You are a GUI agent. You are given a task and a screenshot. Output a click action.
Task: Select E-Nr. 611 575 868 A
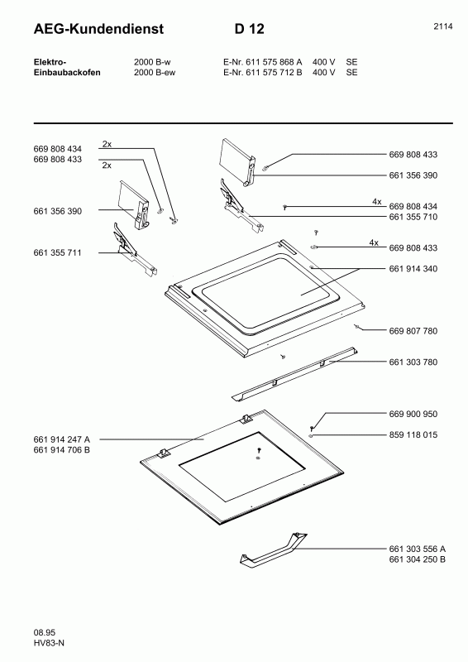(x=263, y=62)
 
